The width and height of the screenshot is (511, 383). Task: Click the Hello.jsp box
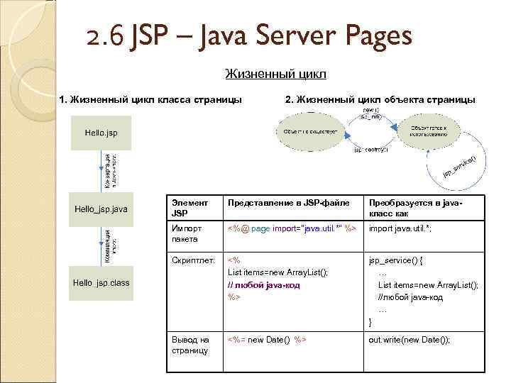(101, 133)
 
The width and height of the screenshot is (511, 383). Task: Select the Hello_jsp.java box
(101, 209)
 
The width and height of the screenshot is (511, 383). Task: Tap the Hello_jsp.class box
(101, 282)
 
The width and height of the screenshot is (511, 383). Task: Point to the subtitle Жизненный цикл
(275, 74)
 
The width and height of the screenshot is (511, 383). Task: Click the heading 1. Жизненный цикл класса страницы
(150, 99)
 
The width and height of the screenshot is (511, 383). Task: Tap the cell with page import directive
(291, 228)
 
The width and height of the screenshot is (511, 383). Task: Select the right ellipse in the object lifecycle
(428, 130)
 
